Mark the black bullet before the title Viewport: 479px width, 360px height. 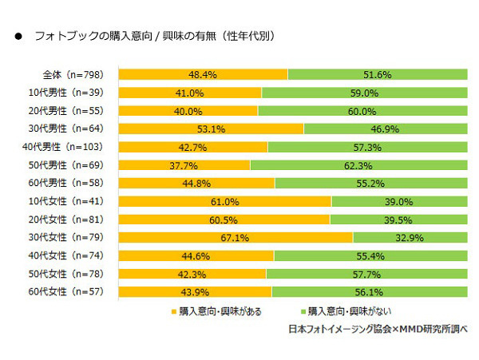(17, 38)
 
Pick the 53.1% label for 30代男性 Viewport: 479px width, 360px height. (210, 129)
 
